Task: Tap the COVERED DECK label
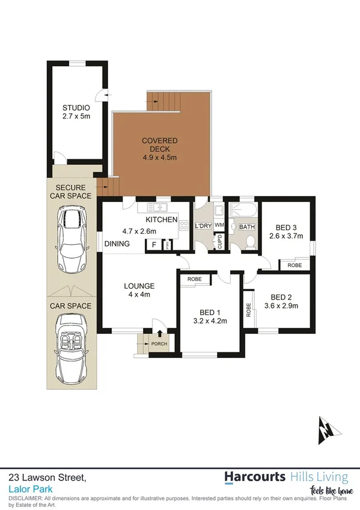pyautogui.click(x=160, y=141)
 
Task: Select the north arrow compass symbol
pyautogui.click(x=326, y=429)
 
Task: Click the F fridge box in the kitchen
pyautogui.click(x=154, y=245)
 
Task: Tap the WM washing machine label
pyautogui.click(x=219, y=226)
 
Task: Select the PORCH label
pyautogui.click(x=159, y=345)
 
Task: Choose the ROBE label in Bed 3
pyautogui.click(x=294, y=265)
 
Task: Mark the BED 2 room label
pyautogui.click(x=281, y=296)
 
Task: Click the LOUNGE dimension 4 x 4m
pyautogui.click(x=139, y=295)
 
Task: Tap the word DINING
pyautogui.click(x=117, y=244)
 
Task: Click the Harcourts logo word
pyautogui.click(x=255, y=478)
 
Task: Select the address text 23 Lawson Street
pyautogui.click(x=47, y=477)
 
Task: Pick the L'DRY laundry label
pyautogui.click(x=203, y=226)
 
